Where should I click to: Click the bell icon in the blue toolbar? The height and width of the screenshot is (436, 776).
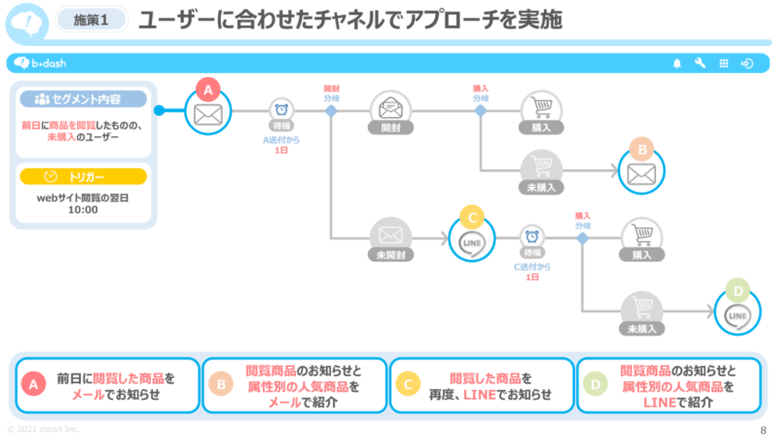point(677,63)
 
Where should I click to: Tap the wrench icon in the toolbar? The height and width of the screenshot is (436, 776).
point(700,63)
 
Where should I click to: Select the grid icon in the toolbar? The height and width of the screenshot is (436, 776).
point(724,63)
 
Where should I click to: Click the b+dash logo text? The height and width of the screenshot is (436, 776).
point(48,63)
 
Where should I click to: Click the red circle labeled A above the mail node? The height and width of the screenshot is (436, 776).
point(208,90)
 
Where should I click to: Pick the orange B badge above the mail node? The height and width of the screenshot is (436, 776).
point(642,149)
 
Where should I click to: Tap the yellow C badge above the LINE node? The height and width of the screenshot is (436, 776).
point(472,218)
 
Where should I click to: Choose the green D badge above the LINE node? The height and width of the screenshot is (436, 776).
point(738,291)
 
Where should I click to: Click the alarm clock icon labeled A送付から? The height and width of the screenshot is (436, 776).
point(282,109)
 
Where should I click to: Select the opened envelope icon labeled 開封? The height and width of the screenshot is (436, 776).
point(391,107)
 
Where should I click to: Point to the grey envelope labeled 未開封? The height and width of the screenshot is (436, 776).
point(391,234)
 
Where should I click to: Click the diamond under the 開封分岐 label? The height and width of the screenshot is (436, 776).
point(331,111)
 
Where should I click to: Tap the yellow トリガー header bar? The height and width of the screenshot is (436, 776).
point(83,177)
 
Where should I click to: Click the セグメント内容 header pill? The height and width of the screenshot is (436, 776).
point(83,99)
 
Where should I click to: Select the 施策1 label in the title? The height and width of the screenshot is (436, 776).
point(91,20)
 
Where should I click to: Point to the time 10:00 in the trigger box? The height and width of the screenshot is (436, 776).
point(83,210)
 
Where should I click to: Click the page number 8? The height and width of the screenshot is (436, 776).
point(763,430)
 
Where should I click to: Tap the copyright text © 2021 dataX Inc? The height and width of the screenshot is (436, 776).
point(43,429)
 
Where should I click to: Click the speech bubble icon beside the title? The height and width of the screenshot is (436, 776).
point(27,23)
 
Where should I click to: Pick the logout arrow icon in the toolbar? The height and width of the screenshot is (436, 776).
point(746,63)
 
